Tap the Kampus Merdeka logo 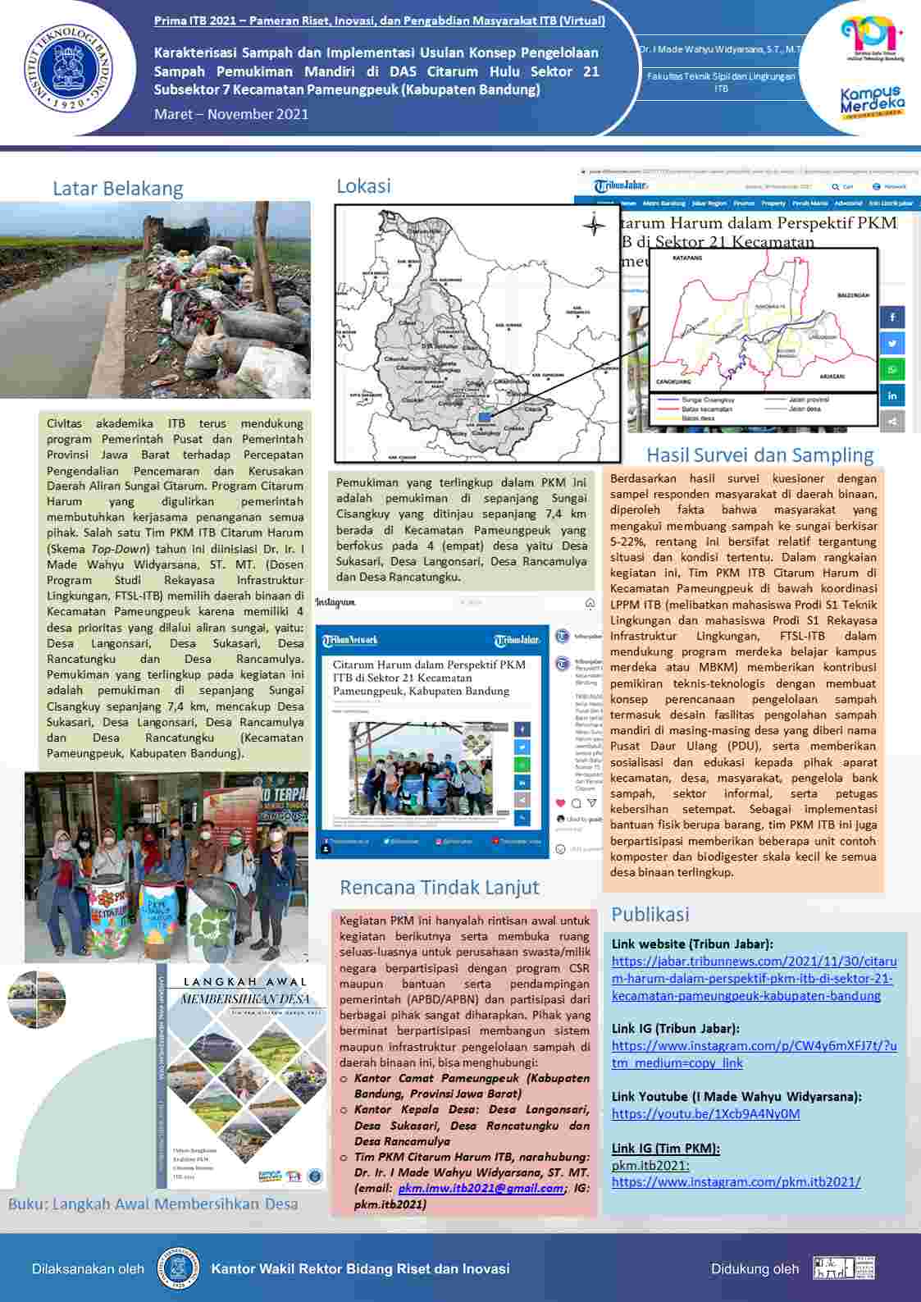[x=872, y=103]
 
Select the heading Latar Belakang [x=117, y=189]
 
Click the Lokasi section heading [x=363, y=186]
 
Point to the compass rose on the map [x=593, y=224]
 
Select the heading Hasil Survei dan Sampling [x=759, y=455]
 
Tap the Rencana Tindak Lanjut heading [x=440, y=887]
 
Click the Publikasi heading [x=650, y=914]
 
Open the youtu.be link [x=705, y=1114]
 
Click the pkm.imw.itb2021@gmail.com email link [x=481, y=1188]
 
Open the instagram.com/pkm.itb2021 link [x=736, y=1182]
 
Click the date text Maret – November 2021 [x=231, y=114]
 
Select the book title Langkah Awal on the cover [x=244, y=981]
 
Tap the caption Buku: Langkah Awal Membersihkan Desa [x=153, y=1204]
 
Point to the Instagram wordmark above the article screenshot [x=335, y=603]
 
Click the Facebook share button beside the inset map [x=892, y=317]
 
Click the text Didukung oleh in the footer [x=754, y=1268]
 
